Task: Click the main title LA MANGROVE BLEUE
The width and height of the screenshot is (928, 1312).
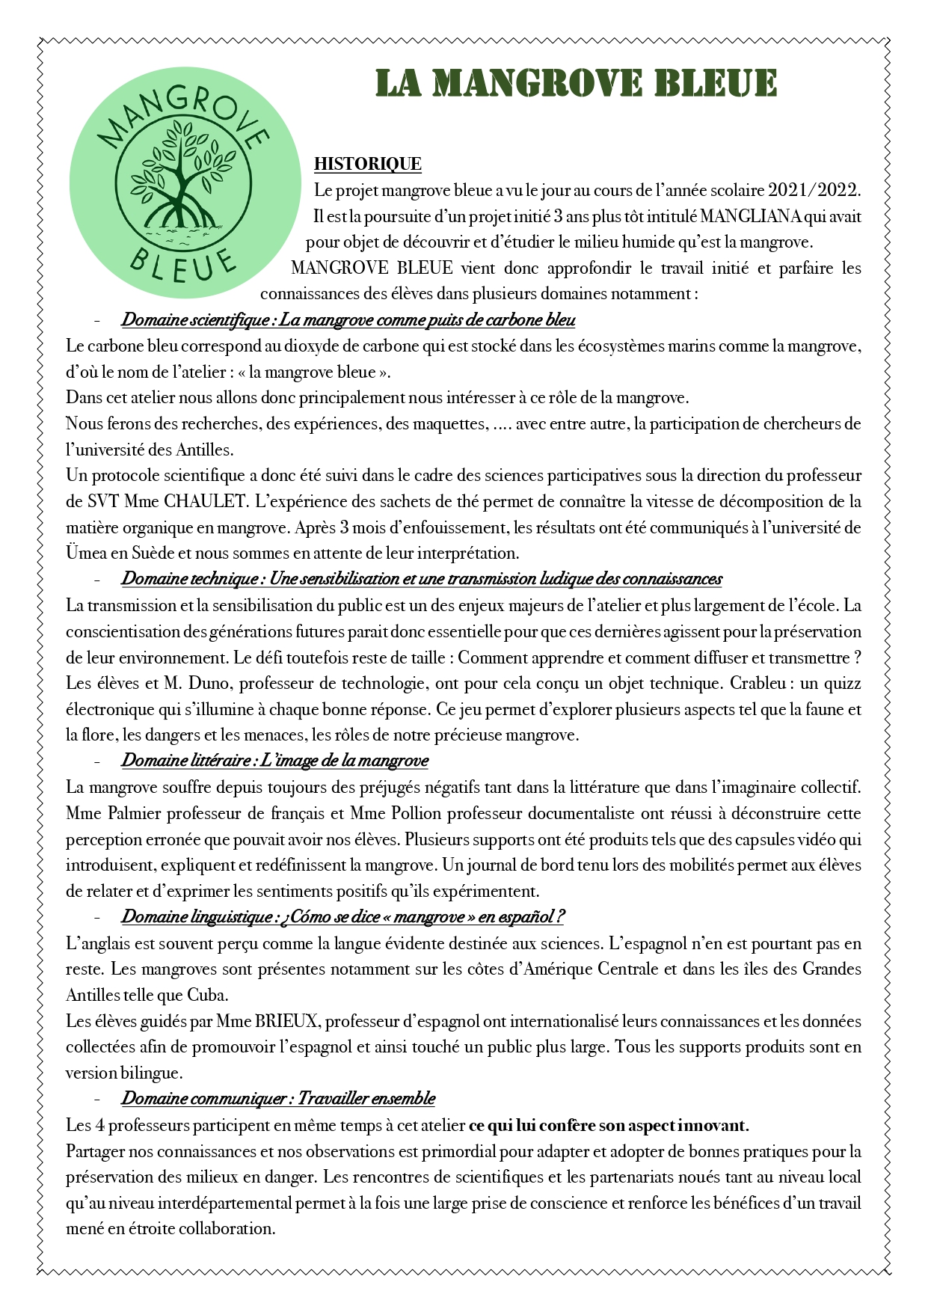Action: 576,84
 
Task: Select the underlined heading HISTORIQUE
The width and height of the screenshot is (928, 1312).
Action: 367,164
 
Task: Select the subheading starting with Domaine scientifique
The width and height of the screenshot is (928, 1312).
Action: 348,320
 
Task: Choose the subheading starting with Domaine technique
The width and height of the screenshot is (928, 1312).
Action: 421,579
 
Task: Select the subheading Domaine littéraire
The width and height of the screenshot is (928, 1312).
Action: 274,761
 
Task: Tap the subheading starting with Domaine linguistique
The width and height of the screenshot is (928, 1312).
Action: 342,917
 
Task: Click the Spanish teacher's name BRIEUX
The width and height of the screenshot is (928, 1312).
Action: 287,1022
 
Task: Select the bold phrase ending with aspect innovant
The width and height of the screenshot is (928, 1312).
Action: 609,1125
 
